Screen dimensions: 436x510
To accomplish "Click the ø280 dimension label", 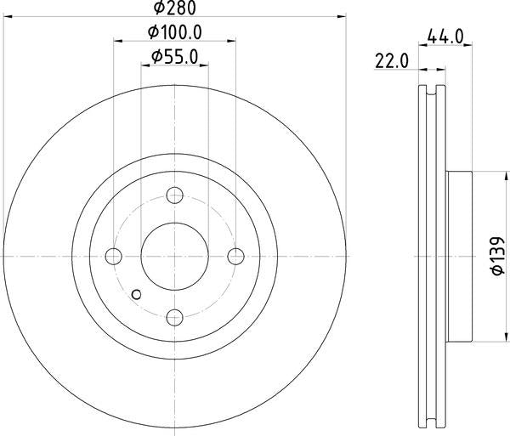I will (x=175, y=8).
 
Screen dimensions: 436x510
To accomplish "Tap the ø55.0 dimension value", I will (x=175, y=57).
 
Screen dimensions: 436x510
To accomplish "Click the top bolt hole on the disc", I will (x=175, y=195).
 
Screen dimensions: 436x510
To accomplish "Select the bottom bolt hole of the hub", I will (x=175, y=318).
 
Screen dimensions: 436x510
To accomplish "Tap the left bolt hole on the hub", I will (x=114, y=256).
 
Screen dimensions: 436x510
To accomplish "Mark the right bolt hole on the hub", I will (x=236, y=256).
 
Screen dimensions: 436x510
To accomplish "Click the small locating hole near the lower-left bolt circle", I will (x=139, y=294).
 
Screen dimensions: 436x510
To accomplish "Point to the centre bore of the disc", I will (x=175, y=256).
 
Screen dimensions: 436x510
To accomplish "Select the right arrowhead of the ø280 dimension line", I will (x=343, y=16).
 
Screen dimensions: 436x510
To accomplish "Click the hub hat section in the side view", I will (x=458, y=256).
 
